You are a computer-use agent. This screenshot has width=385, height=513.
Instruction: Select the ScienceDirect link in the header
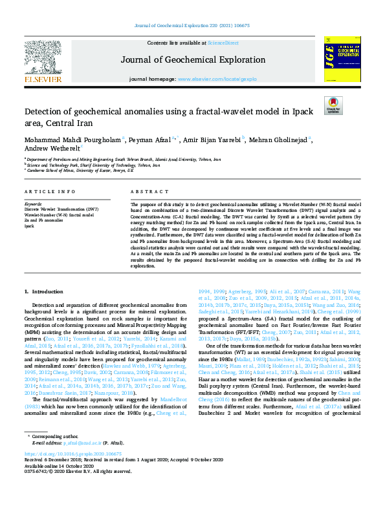coord(222,43)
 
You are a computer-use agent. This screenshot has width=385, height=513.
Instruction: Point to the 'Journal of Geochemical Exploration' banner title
coord(192,59)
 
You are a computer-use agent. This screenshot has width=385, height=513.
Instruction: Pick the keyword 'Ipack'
coord(30,226)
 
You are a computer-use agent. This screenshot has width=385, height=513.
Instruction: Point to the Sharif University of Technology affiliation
coord(93,165)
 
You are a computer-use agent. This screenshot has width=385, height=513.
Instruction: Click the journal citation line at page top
coord(192,25)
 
